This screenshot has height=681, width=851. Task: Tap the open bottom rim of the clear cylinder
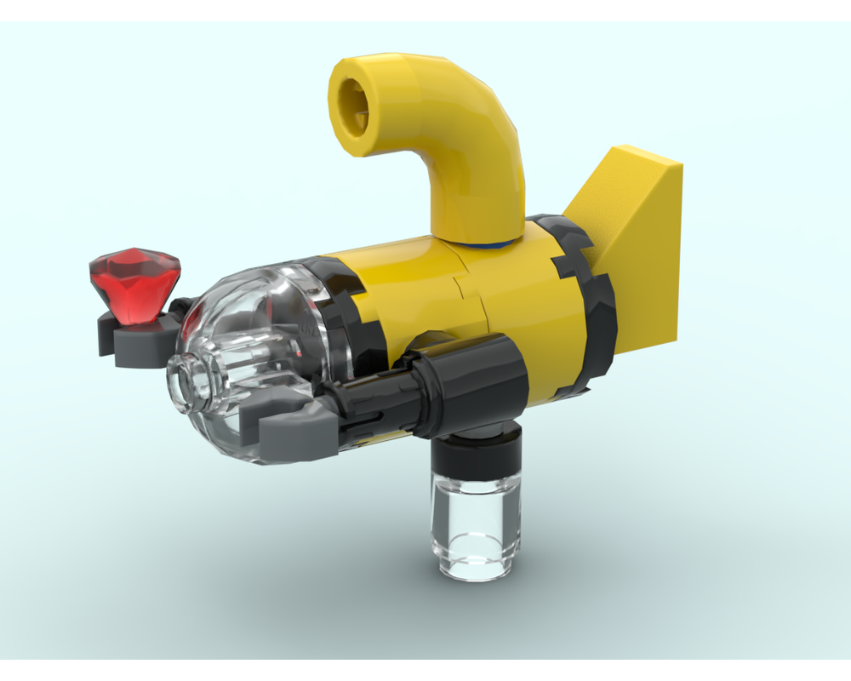coord(476,572)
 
